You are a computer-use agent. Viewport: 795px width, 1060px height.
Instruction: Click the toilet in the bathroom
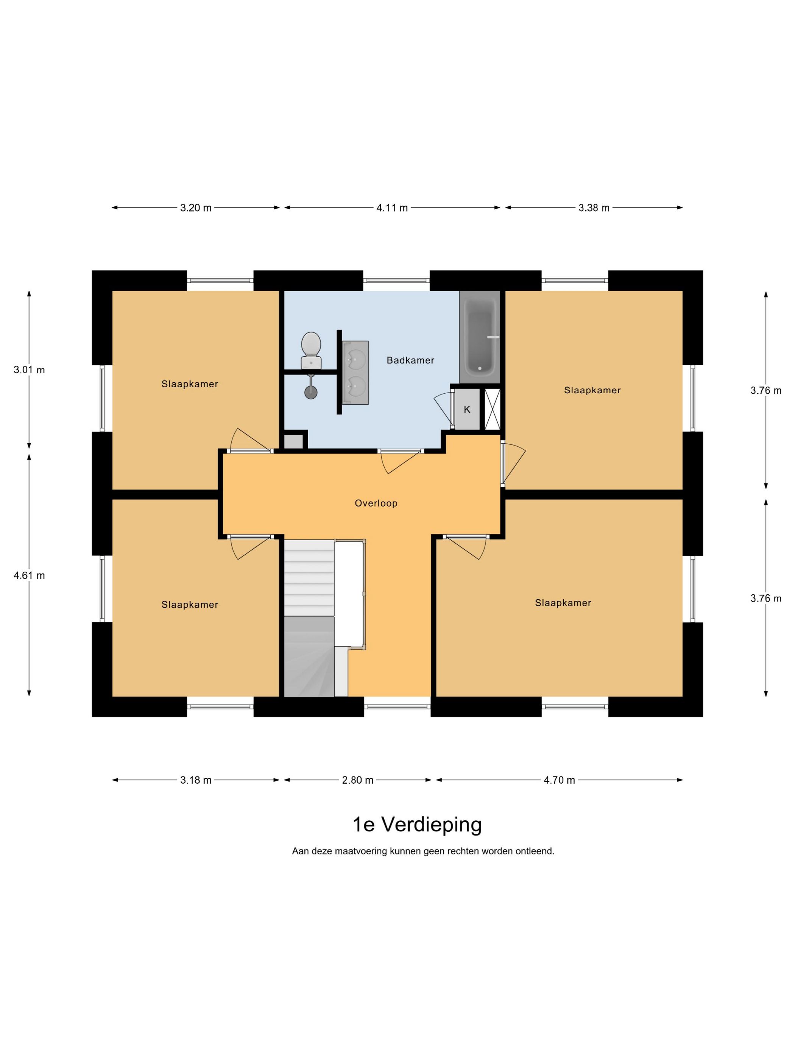pos(311,350)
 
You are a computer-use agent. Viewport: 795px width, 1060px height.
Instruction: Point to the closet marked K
pos(467,409)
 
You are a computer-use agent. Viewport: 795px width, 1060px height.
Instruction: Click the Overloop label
pos(376,503)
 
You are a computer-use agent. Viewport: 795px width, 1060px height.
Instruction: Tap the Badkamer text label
pos(411,360)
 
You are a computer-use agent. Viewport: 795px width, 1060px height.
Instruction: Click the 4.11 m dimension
pos(392,208)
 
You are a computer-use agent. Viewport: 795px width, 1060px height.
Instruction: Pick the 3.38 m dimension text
pos(594,208)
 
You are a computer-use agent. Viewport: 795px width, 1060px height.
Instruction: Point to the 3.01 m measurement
pos(29,370)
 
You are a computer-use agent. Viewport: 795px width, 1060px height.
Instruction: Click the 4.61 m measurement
pos(29,575)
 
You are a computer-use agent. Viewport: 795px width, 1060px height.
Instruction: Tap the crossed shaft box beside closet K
pos(492,409)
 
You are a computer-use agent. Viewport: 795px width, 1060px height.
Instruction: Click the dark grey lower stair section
pos(309,656)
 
